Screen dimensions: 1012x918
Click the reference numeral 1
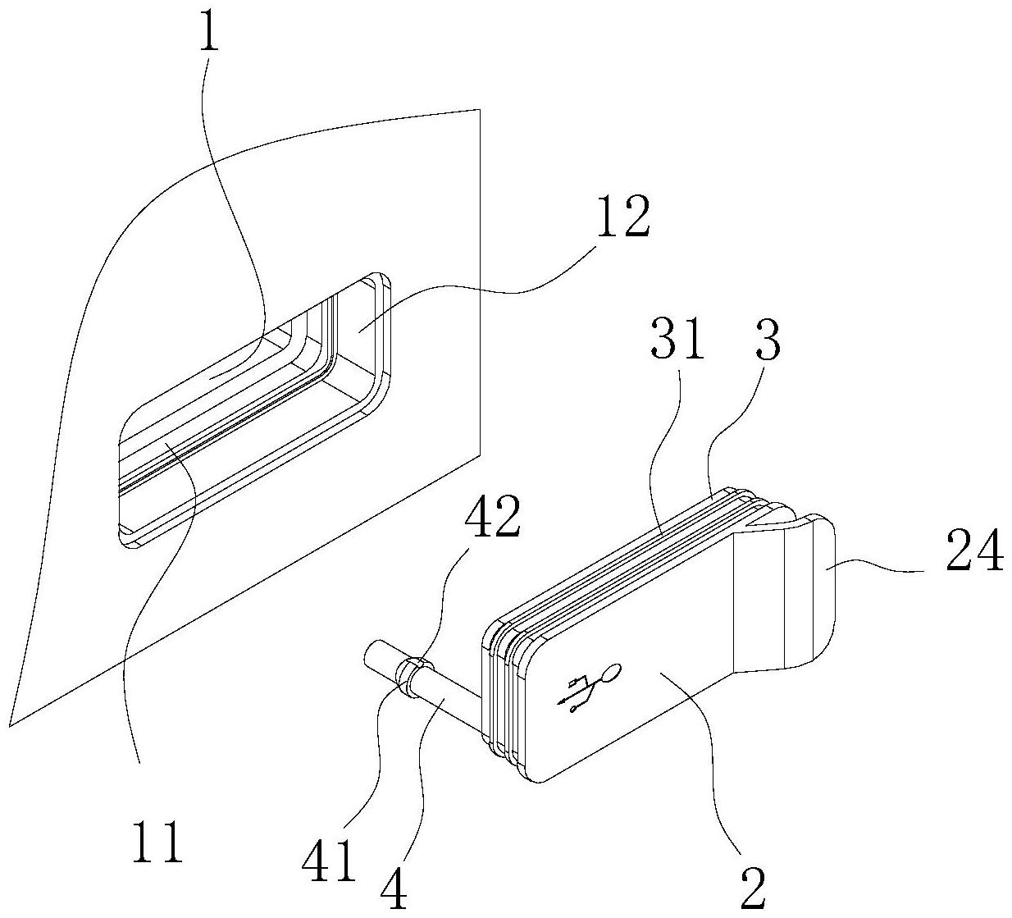click(x=209, y=31)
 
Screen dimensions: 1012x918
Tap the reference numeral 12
click(x=622, y=217)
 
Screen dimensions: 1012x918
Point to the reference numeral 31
click(x=677, y=339)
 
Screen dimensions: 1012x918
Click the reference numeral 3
click(x=766, y=339)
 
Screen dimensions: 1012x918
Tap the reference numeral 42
click(x=492, y=516)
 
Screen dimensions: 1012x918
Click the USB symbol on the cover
click(x=589, y=687)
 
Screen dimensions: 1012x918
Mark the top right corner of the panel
click(x=479, y=109)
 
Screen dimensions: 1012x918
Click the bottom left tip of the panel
click(x=9, y=727)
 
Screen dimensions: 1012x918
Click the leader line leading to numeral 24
click(x=880, y=569)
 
